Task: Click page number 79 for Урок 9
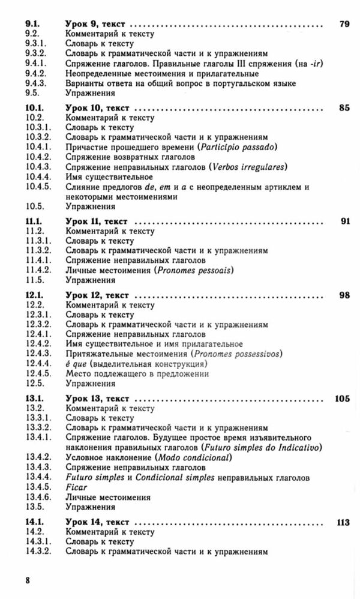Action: pyautogui.click(x=343, y=25)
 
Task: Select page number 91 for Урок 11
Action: pyautogui.click(x=344, y=221)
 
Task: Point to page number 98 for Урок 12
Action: pyautogui.click(x=344, y=296)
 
